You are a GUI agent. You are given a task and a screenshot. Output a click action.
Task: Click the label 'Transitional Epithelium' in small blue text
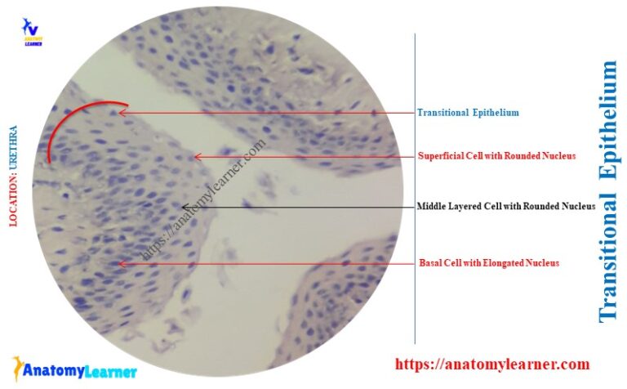(468, 113)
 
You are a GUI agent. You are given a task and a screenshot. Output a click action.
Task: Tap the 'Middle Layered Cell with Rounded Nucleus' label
(506, 206)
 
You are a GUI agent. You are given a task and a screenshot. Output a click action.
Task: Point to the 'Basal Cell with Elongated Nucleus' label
(489, 262)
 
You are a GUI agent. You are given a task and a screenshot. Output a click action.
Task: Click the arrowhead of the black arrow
(185, 206)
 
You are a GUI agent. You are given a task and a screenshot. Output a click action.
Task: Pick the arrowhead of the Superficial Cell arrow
(197, 156)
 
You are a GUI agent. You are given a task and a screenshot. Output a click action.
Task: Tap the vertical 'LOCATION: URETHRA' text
(13, 175)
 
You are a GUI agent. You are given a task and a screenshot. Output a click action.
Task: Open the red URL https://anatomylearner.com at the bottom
(492, 364)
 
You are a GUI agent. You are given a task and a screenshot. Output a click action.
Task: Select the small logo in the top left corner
(32, 32)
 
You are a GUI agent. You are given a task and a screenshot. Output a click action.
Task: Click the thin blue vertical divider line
(415, 188)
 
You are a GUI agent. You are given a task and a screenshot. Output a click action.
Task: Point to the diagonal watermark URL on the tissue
(204, 200)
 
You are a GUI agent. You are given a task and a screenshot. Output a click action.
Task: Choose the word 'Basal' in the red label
(430, 262)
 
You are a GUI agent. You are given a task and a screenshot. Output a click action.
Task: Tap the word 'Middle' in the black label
(431, 206)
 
